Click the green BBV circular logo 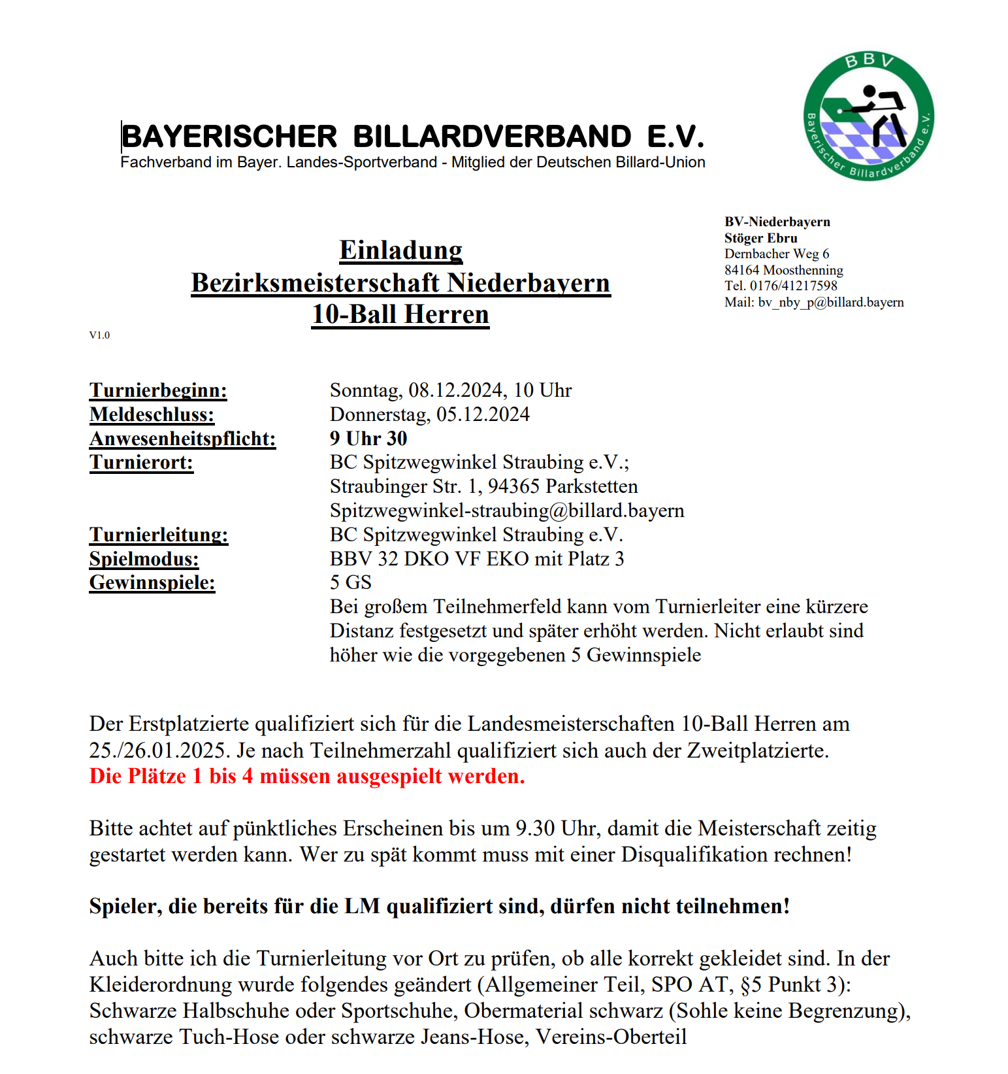pos(868,116)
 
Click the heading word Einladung pos(400,250)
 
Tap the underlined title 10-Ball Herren pos(400,314)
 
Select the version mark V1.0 pos(99,335)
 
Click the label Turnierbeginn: pos(158,390)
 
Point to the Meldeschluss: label pos(152,414)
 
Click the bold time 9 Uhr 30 pos(368,439)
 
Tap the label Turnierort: pos(141,463)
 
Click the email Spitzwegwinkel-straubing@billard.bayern pos(507,511)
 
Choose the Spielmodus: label pos(144,559)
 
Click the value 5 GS pos(351,582)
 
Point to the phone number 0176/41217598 pos(793,286)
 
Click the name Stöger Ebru pos(760,238)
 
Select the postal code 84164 pos(741,270)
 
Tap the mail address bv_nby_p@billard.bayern pos(831,302)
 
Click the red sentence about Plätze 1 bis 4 pos(307,776)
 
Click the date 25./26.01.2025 pos(160,750)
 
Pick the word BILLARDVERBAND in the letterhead pos(492,137)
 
